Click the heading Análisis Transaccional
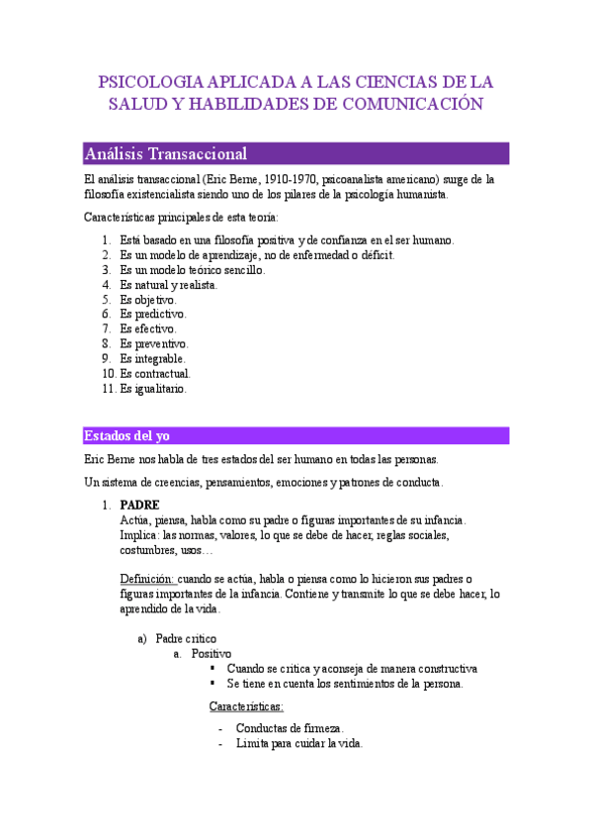point(166,154)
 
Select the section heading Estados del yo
point(127,435)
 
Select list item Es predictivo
point(152,315)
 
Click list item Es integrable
point(152,359)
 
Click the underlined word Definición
point(147,579)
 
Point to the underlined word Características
point(246,706)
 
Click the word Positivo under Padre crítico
point(211,653)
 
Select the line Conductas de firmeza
point(289,728)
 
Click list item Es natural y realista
point(169,285)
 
